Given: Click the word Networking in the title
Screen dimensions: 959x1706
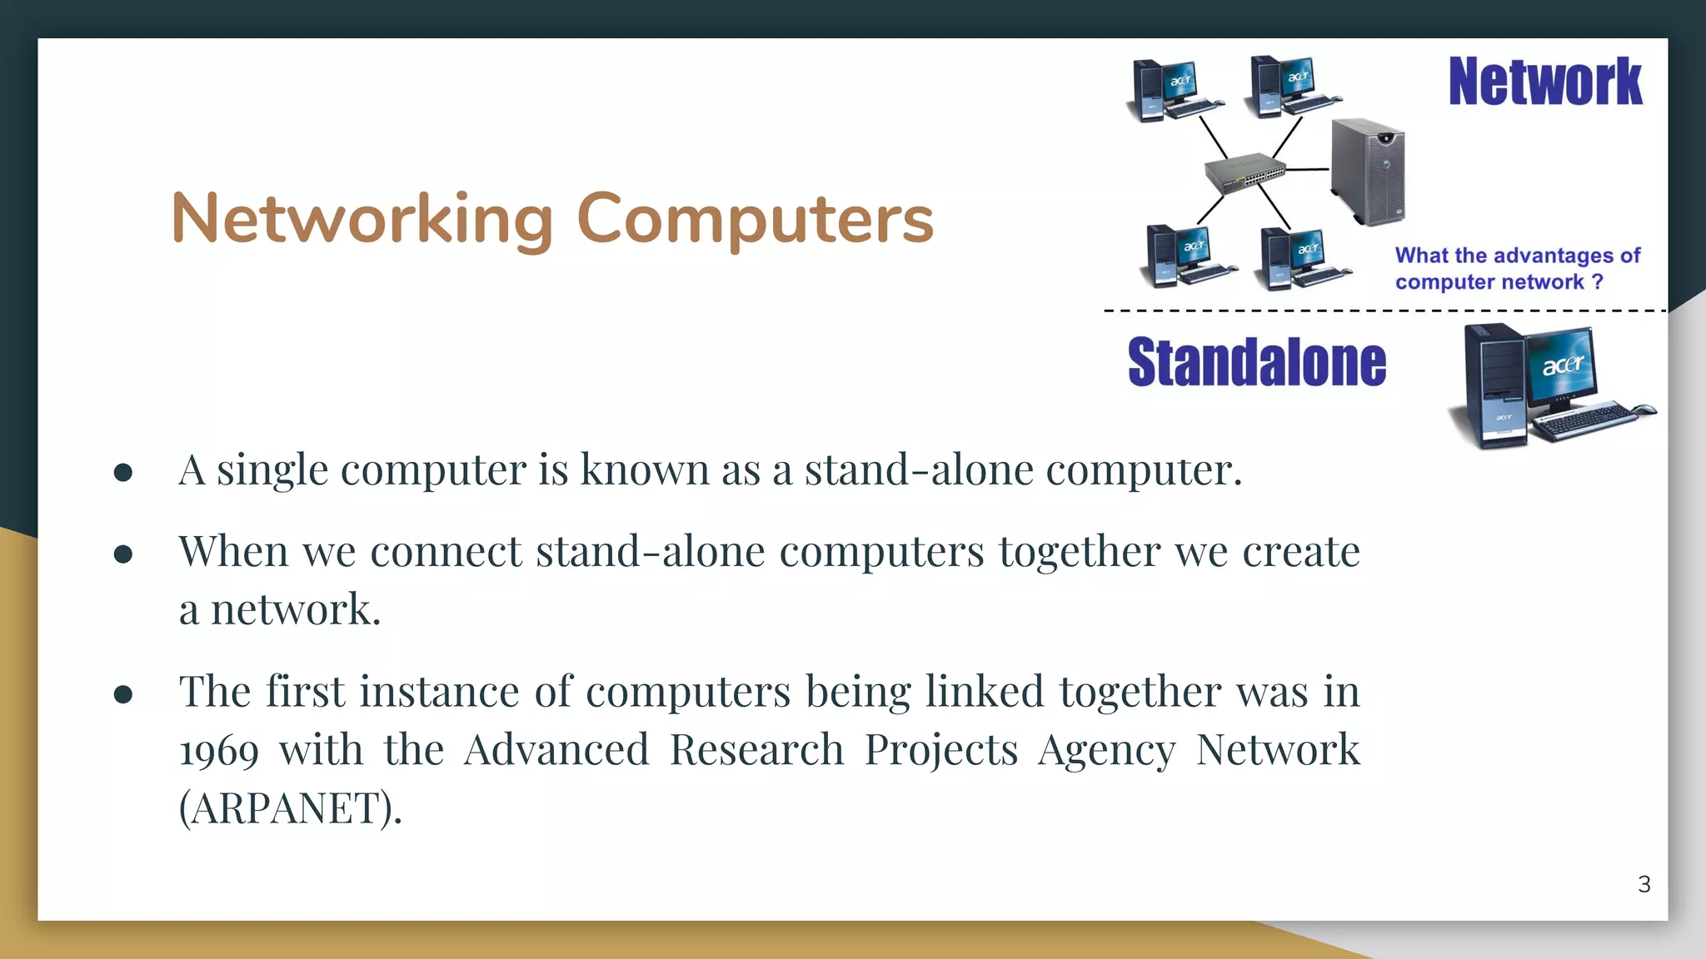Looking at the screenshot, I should click(x=362, y=219).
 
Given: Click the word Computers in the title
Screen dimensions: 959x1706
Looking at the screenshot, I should click(x=755, y=219).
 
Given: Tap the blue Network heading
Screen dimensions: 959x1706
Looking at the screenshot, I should click(x=1545, y=82).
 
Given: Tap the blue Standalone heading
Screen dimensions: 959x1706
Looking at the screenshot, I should click(x=1256, y=363).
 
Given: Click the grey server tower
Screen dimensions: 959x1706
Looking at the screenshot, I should click(x=1367, y=171).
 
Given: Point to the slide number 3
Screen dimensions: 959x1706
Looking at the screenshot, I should click(x=1644, y=884).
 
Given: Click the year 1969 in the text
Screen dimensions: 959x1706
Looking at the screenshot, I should click(x=218, y=751).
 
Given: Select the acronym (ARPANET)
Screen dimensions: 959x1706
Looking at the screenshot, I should click(x=291, y=807).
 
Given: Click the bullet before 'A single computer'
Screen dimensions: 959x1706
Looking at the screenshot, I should click(x=123, y=473).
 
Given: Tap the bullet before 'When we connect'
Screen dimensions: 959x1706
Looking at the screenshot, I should click(x=123, y=554).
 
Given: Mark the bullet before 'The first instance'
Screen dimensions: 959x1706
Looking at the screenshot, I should click(x=123, y=694).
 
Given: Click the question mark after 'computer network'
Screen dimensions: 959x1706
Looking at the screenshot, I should click(x=1597, y=281).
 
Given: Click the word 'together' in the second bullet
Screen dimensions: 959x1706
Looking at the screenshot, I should click(x=1080, y=552).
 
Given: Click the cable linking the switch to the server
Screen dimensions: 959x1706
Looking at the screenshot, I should click(x=1308, y=170).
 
